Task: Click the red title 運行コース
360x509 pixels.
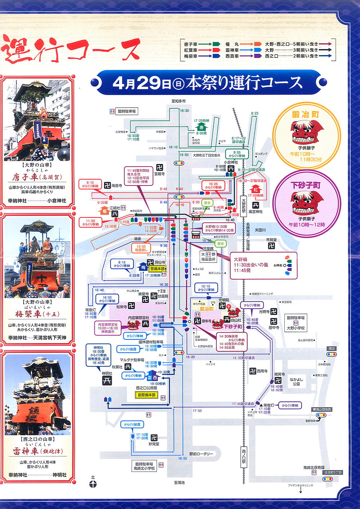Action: click(71, 50)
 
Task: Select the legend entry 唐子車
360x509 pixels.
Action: click(191, 44)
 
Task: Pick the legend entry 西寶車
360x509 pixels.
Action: click(232, 56)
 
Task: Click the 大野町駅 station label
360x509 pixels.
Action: click(244, 206)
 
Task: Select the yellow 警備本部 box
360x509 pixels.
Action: click(157, 269)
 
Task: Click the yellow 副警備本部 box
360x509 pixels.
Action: click(147, 395)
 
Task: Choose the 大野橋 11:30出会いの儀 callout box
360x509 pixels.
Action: click(251, 265)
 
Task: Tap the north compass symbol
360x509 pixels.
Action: click(93, 484)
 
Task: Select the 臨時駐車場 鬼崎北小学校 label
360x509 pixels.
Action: click(145, 466)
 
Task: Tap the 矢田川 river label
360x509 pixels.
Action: click(260, 230)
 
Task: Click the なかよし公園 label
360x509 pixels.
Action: click(296, 381)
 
